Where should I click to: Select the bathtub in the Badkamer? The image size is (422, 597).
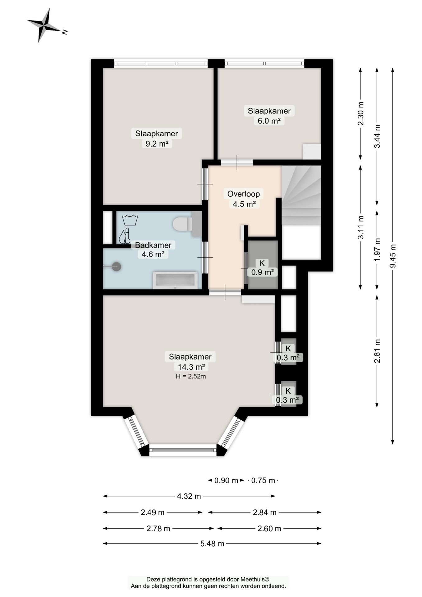175,280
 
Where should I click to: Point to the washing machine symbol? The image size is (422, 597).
130,220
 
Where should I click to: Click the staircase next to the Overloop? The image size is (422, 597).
301,195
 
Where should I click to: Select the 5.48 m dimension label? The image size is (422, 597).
212,544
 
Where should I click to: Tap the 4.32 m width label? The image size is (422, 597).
189,496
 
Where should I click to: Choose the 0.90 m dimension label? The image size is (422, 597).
226,480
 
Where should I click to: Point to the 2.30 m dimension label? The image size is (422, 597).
360,113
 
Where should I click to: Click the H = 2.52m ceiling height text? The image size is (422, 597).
191,376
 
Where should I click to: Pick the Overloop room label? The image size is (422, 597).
244,194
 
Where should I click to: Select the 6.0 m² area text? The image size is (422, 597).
269,121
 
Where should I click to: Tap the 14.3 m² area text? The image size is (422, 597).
191,367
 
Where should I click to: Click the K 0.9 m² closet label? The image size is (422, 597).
262,268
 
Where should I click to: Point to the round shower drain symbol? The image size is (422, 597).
117,266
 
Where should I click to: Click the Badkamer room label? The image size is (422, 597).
153,245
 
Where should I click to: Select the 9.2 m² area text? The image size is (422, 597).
157,144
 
